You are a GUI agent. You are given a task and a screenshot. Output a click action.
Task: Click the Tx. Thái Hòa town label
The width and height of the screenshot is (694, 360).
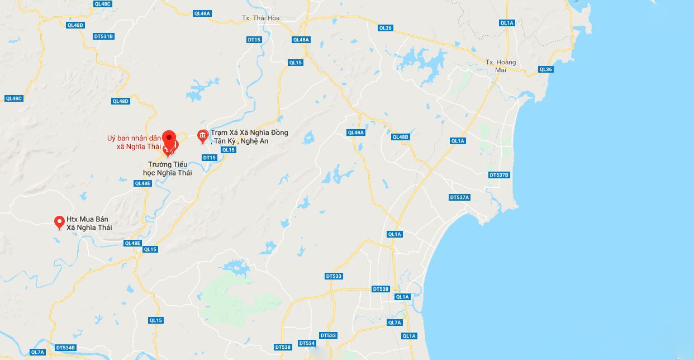point(260,18)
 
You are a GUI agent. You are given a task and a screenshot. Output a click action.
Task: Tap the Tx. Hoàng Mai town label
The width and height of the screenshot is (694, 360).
point(500,66)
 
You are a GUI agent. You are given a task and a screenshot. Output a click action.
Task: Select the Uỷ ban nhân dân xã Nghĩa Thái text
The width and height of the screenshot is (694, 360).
point(134,143)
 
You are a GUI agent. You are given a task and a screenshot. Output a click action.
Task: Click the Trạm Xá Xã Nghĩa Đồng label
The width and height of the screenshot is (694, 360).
point(249,137)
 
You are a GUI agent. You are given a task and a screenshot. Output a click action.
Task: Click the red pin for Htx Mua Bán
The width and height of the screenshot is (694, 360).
point(59,222)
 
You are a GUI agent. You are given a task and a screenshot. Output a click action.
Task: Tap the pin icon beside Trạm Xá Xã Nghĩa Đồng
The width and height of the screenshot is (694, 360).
point(203,136)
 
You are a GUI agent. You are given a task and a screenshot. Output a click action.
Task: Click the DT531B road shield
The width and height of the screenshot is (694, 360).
point(104,36)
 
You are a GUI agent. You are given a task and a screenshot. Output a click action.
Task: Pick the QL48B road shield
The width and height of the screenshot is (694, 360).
point(401,137)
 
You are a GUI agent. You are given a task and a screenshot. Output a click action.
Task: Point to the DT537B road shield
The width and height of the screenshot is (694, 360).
point(500,175)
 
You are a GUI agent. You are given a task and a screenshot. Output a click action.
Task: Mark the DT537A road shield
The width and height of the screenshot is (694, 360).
point(460,197)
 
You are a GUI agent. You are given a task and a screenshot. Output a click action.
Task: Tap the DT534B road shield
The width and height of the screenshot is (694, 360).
point(65,348)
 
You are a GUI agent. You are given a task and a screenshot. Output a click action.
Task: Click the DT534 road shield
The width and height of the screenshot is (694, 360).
point(307,343)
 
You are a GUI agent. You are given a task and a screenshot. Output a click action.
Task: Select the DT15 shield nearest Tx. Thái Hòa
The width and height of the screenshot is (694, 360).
point(254,40)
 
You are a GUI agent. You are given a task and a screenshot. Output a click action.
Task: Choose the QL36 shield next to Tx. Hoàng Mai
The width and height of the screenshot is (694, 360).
point(545,69)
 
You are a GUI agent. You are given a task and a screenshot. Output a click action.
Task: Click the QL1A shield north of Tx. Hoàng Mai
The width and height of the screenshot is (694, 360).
point(507,23)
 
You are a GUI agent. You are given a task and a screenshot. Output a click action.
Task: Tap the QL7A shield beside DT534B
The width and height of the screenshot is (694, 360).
point(37,352)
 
